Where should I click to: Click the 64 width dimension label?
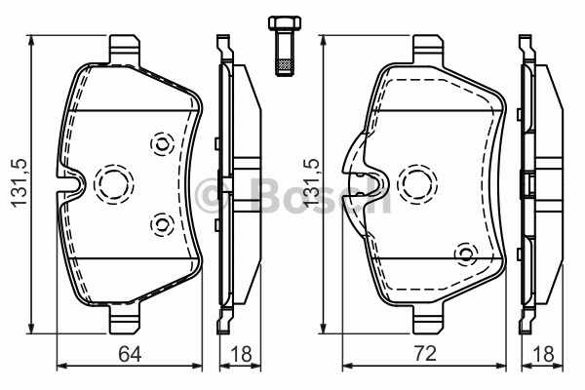[130, 354]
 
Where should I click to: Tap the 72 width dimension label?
[424, 354]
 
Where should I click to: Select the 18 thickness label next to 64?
[241, 354]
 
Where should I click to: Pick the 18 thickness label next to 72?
[543, 354]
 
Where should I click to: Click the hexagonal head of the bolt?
[285, 22]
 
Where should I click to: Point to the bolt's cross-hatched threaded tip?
[285, 67]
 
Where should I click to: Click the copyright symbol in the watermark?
[212, 196]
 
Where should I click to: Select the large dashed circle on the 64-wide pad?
[114, 184]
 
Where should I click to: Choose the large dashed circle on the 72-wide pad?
[417, 184]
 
